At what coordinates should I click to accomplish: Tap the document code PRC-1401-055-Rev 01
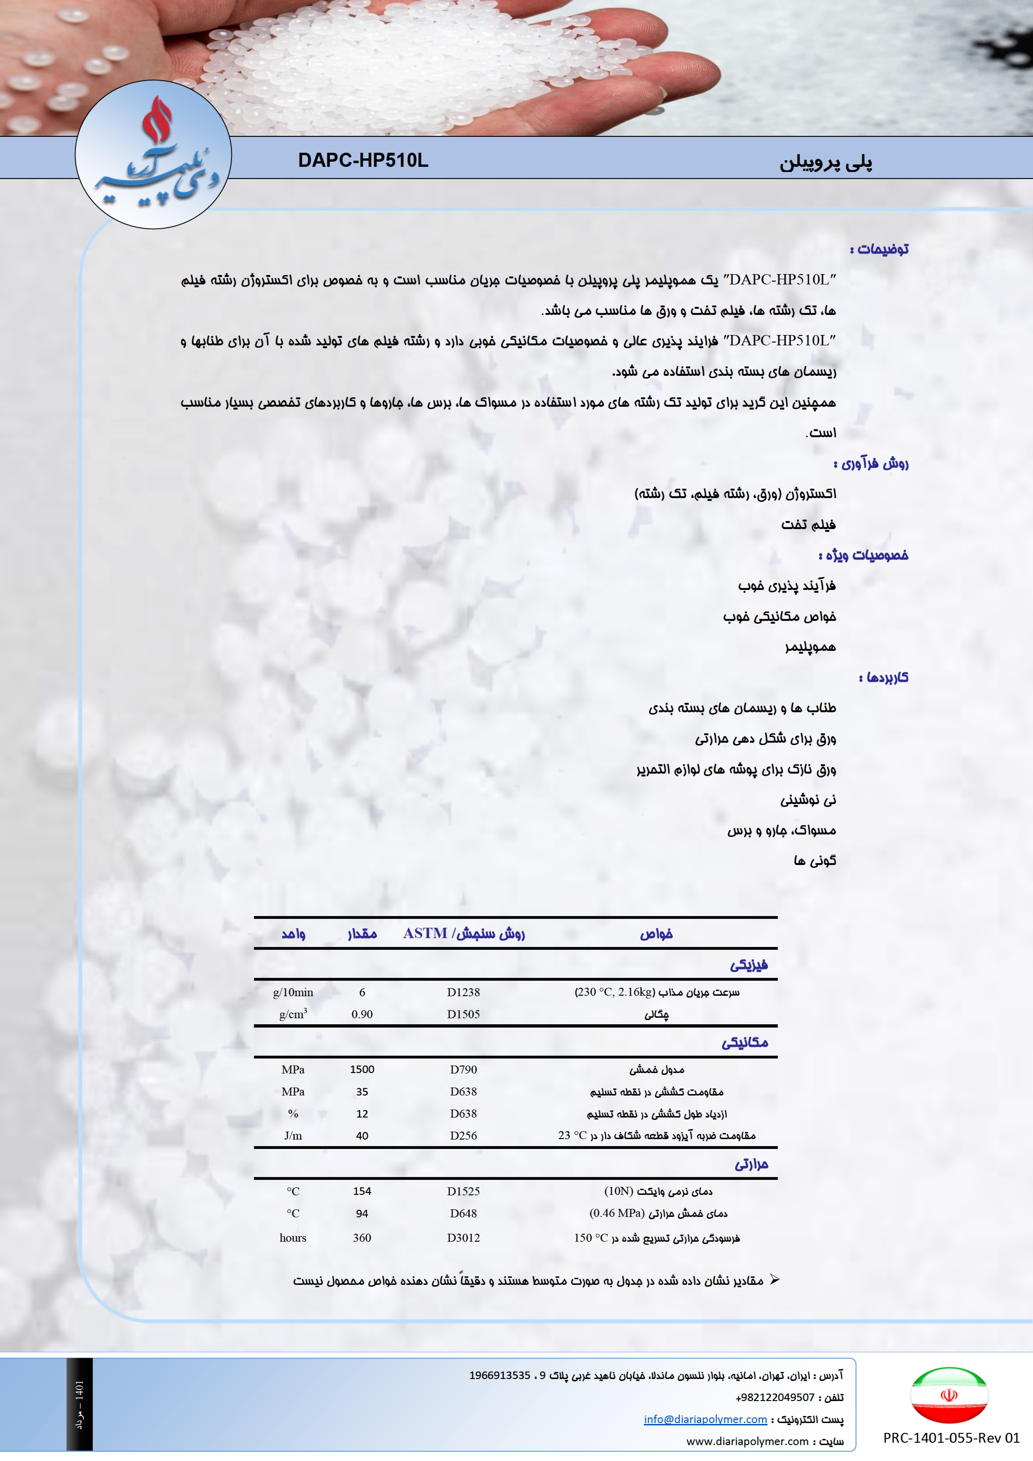click(951, 1437)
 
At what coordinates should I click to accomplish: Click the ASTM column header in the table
click(464, 934)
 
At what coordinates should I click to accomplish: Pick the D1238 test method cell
click(463, 992)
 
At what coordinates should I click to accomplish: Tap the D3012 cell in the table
click(463, 1238)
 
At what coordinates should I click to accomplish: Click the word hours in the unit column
click(293, 1238)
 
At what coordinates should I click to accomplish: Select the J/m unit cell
click(293, 1136)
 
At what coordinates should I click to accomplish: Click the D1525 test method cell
click(463, 1191)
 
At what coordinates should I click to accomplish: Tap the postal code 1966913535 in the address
click(500, 1375)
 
